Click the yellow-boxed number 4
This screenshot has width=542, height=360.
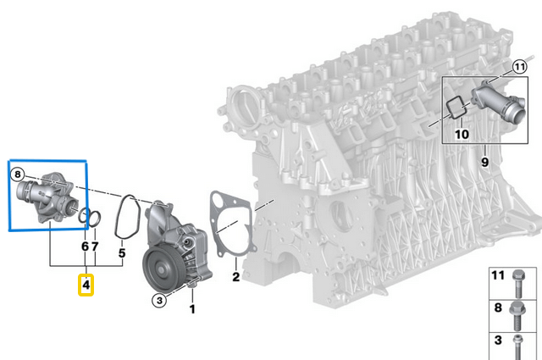87,287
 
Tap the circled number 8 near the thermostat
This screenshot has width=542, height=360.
17,174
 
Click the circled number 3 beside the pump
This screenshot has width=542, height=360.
158,299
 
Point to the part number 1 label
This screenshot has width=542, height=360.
191,310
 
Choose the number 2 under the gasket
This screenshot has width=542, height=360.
236,276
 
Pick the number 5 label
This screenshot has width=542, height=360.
121,252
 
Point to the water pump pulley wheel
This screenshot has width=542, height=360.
162,269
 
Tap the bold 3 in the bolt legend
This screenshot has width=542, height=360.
497,341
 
